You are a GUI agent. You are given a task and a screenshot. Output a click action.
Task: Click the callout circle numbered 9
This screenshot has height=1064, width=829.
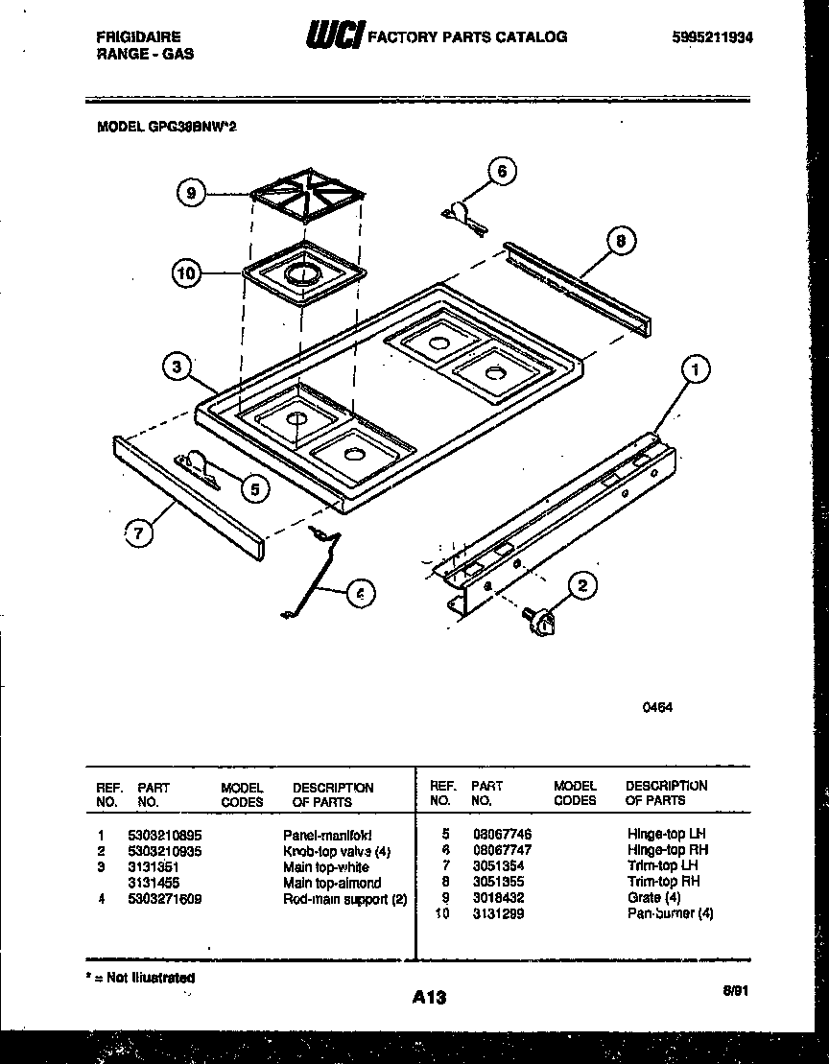pos(192,193)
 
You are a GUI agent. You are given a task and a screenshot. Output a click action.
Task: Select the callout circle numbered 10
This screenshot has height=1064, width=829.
pos(187,273)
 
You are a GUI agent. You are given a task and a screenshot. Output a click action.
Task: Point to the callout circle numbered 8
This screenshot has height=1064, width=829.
pos(621,242)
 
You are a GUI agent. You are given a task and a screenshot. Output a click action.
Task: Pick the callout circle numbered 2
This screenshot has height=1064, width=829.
pos(582,584)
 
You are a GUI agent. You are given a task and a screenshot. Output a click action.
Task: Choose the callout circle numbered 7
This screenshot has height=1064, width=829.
pos(140,535)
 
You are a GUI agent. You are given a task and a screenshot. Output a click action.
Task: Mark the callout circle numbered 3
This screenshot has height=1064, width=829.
pos(176,365)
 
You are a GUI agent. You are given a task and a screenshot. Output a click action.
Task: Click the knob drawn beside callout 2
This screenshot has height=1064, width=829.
pos(541,621)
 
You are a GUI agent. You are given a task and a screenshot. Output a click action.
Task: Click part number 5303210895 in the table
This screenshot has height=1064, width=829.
pos(164,836)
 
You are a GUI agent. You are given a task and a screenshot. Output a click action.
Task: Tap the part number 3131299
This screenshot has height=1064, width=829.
pos(498,914)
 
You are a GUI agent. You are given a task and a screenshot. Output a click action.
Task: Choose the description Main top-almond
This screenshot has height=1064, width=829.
pos(331,883)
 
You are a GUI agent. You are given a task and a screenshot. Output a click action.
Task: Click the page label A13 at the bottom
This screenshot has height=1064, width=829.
pos(430,998)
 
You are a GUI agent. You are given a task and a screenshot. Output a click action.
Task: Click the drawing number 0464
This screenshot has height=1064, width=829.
pos(657,707)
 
